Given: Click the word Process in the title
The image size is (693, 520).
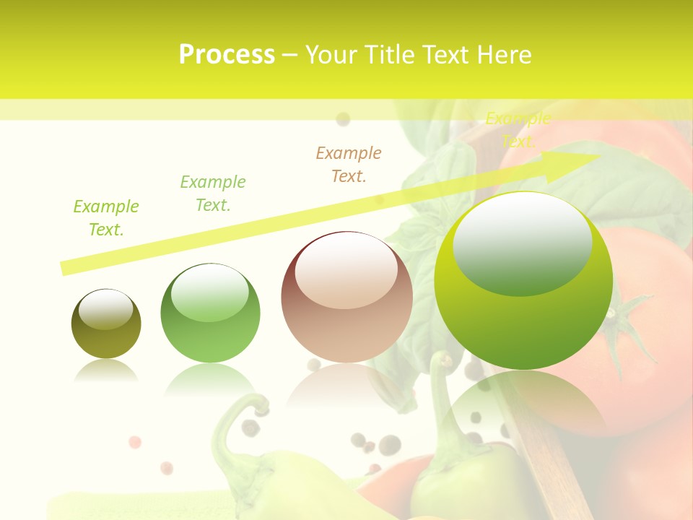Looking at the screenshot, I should [227, 55].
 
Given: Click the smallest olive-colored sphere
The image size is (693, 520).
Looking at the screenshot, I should [106, 324].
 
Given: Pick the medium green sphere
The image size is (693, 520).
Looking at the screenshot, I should [210, 313].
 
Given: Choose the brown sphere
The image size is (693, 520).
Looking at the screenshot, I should [346, 297].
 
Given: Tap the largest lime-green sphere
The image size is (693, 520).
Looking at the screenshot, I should [523, 280].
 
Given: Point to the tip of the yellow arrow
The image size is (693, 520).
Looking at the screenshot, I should [598, 155].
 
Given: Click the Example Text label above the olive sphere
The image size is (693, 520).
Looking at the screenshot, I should [105, 218].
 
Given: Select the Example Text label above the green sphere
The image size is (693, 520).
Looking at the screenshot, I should [212, 194].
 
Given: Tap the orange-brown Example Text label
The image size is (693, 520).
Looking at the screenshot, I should [349, 165].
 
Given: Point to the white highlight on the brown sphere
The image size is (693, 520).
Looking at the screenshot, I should [346, 267].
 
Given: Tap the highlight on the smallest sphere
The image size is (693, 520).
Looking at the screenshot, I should [106, 309].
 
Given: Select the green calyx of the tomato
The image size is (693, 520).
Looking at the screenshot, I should [621, 325].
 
